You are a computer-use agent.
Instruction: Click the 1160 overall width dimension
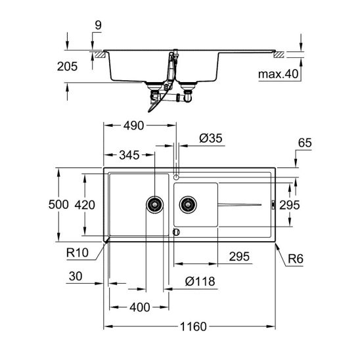click(193, 326)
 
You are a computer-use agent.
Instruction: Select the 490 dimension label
click(133, 125)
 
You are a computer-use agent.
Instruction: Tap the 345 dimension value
click(129, 155)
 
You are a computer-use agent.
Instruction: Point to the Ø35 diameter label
click(211, 138)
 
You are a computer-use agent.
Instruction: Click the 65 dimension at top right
click(305, 143)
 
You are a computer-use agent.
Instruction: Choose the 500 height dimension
click(58, 204)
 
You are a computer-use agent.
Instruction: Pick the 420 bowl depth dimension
click(85, 205)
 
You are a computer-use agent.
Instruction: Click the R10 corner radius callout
click(78, 253)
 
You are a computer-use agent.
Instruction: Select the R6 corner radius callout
click(296, 259)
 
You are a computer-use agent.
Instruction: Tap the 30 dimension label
click(76, 276)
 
